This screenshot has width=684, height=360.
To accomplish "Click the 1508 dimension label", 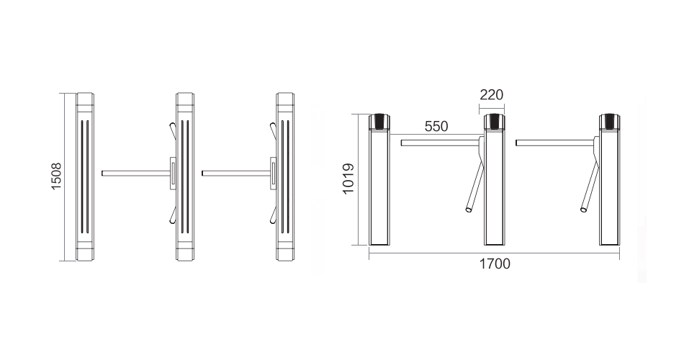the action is (56, 176).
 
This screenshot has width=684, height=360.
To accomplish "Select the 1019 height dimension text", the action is (348, 179).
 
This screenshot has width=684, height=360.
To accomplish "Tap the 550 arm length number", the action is (436, 127).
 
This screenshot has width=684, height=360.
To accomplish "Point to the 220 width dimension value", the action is (491, 95).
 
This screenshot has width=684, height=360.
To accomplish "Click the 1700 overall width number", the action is (495, 264).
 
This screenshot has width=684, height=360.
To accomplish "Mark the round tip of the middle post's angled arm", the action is (469, 210).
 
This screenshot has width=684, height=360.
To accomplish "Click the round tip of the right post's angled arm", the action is (584, 210).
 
